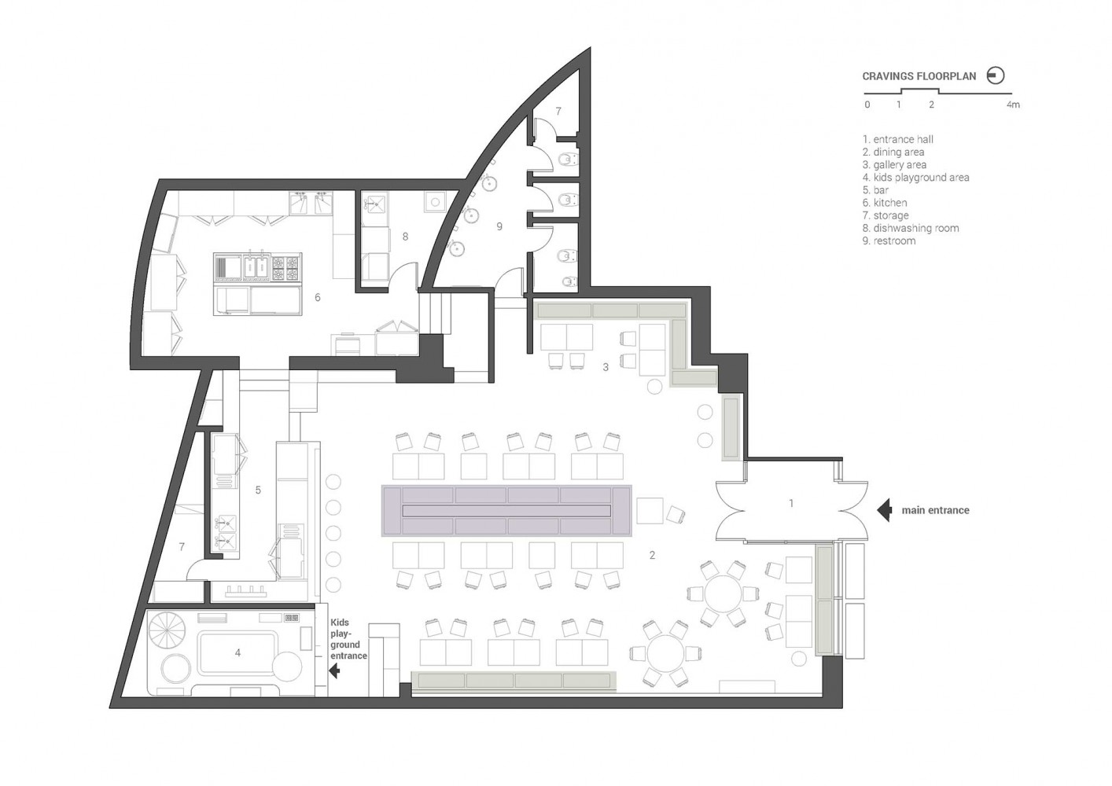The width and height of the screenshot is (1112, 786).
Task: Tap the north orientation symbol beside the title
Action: coord(995,75)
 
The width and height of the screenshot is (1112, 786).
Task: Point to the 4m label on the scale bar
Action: coord(1013,105)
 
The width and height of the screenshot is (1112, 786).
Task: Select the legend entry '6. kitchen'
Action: coord(885,203)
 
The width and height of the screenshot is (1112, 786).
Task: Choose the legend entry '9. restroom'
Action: coord(889,241)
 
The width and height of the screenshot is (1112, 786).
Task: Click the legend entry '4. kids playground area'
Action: coord(915,177)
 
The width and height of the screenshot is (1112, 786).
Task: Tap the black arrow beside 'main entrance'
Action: coord(884,510)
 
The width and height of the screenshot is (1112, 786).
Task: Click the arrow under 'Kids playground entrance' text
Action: coord(334,671)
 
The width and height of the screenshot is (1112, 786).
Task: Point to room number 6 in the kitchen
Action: coord(317,297)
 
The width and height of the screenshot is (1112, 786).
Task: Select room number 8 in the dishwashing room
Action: coord(405,237)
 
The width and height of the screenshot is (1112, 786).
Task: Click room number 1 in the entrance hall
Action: coord(791,503)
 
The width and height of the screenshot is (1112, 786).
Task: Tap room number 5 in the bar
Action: coord(258,490)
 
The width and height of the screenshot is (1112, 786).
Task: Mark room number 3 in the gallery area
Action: coord(605,367)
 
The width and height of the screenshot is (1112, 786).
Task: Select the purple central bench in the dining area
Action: coord(506,511)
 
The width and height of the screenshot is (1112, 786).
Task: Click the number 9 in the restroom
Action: coord(499,226)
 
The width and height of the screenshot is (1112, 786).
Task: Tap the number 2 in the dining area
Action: coord(652,555)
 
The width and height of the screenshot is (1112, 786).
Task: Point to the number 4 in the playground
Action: coord(237,653)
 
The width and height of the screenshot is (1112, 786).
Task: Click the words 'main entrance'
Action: coord(935,510)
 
